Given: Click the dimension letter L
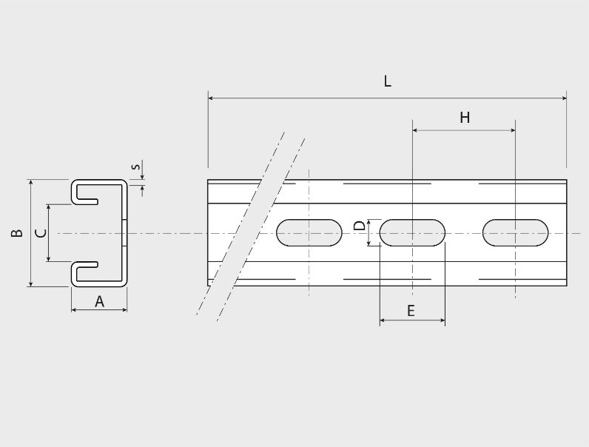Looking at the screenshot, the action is (x=388, y=81).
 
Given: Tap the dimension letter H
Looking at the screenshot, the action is (x=465, y=118).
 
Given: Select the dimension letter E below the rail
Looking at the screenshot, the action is (x=411, y=311).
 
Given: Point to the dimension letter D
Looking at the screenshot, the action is (x=360, y=226).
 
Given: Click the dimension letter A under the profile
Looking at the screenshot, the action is (x=99, y=301).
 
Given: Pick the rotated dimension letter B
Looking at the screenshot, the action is (x=17, y=233).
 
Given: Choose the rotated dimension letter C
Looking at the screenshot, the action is (x=41, y=233).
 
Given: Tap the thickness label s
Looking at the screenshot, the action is (x=136, y=166).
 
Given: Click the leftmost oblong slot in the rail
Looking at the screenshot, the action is (x=309, y=233).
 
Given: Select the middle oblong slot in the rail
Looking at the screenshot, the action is (x=412, y=233).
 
